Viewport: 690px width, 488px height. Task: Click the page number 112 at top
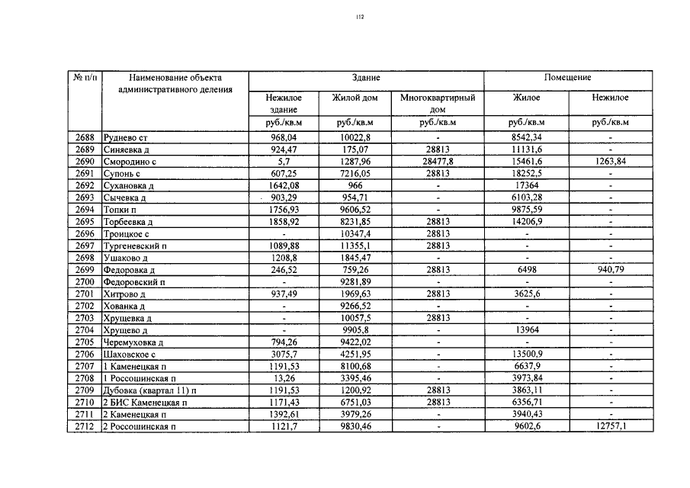(x=360, y=16)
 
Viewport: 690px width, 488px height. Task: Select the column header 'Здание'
(x=366, y=78)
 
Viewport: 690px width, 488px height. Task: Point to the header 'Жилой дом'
(x=355, y=98)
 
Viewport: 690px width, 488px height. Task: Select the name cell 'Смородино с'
(x=130, y=162)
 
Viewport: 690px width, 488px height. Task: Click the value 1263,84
(x=610, y=162)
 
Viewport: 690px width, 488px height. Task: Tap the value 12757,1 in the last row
(x=610, y=426)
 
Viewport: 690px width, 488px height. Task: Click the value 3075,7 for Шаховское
(x=283, y=355)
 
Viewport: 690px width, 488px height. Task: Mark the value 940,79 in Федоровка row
(x=610, y=270)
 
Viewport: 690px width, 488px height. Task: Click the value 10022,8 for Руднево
(x=355, y=138)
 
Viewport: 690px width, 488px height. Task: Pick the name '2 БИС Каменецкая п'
(x=144, y=403)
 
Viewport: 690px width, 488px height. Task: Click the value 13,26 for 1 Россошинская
(x=283, y=378)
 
